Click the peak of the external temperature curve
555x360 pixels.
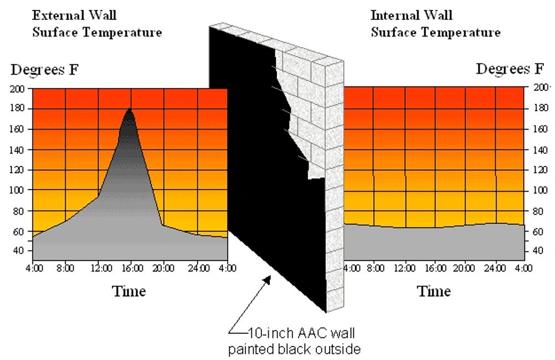tap(130, 109)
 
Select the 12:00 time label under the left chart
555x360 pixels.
tap(98, 270)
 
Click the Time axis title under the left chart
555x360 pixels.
tap(129, 291)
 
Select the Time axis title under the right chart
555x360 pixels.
tap(434, 291)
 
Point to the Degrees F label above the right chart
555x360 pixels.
tap(510, 69)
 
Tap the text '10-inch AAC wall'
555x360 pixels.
tap(292, 335)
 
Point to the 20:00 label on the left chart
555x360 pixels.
tap(164, 270)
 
